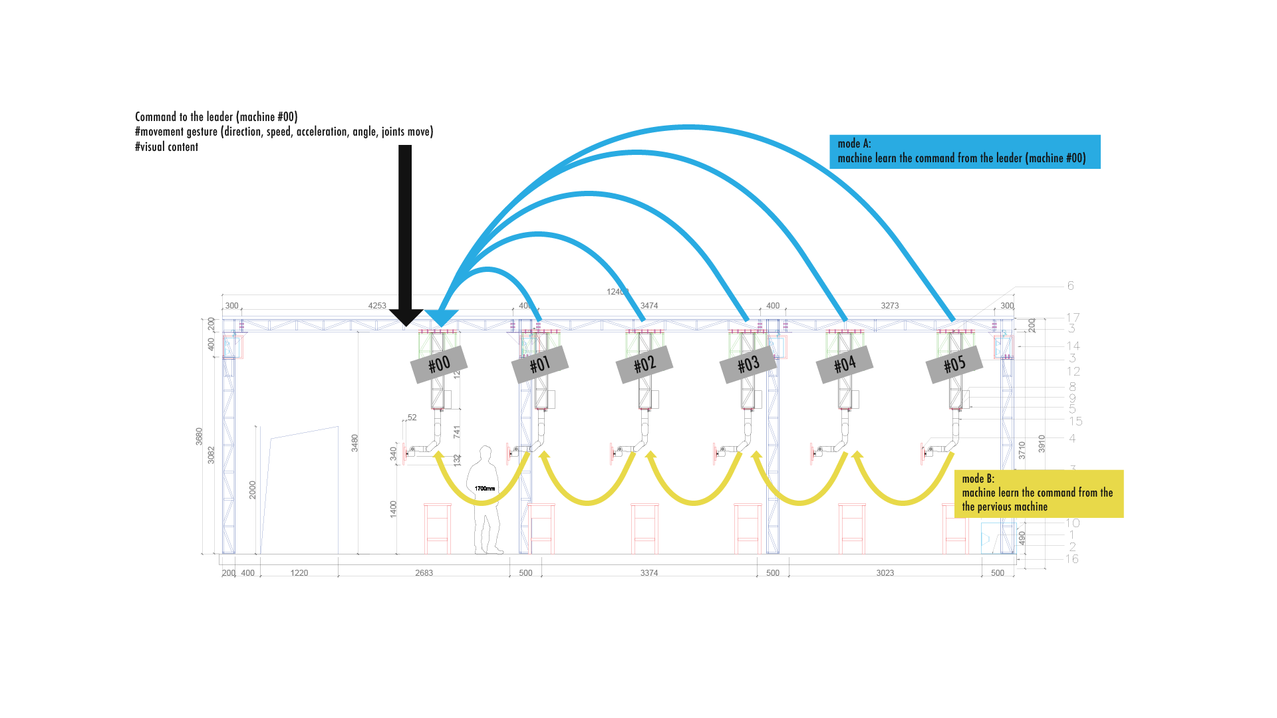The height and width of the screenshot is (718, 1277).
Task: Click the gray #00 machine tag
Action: tap(439, 364)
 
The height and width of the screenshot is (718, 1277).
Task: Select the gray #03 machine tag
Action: tap(748, 364)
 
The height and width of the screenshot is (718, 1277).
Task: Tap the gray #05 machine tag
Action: tap(954, 364)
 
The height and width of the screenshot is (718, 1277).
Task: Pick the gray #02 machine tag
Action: tap(644, 364)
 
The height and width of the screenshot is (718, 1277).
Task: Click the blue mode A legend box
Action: tap(964, 152)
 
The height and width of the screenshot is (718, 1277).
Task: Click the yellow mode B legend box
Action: tap(1038, 493)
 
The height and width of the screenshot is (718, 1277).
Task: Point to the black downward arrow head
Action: tap(406, 317)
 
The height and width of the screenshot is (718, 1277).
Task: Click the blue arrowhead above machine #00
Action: tap(441, 317)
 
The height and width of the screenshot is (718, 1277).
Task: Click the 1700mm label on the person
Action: tap(485, 489)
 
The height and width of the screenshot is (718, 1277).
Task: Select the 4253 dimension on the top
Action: tap(377, 306)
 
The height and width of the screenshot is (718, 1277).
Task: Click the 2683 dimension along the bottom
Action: tap(424, 573)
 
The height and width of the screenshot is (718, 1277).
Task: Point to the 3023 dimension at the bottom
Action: tap(885, 573)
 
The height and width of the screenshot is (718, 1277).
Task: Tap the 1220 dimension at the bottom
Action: tap(299, 573)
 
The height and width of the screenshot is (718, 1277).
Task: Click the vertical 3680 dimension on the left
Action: tap(199, 436)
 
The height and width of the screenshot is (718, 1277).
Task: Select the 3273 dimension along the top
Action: tap(889, 306)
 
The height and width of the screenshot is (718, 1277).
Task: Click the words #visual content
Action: tap(167, 147)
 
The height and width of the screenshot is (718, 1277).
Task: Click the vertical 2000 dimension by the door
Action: tap(252, 490)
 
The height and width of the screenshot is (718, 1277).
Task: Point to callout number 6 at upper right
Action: tap(1070, 285)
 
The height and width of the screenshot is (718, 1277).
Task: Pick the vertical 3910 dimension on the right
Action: tap(1042, 443)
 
